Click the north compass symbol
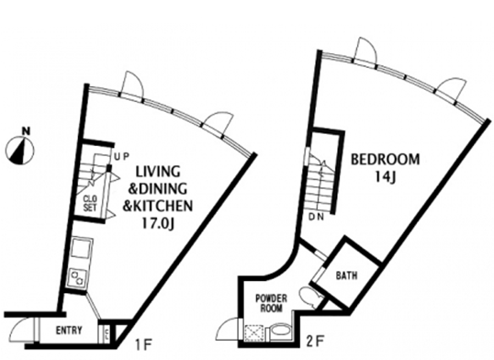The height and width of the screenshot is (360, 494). click(x=20, y=148)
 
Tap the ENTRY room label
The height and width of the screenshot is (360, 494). click(x=69, y=331)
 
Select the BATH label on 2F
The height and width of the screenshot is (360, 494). click(x=346, y=276)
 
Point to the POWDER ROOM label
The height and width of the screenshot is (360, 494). click(x=271, y=303)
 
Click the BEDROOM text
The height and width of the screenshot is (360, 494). click(x=386, y=160)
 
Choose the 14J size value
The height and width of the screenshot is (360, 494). click(x=386, y=177)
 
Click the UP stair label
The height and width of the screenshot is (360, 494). click(x=121, y=156)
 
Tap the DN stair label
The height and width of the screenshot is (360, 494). click(x=316, y=218)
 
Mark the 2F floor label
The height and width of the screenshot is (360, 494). click(x=315, y=341)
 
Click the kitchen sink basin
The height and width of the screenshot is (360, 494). click(x=82, y=249)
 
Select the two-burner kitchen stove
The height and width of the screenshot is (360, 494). click(x=78, y=276)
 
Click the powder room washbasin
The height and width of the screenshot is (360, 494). click(x=279, y=332)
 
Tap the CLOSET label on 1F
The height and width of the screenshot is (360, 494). click(x=90, y=203)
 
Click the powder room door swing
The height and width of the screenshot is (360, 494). click(x=228, y=329)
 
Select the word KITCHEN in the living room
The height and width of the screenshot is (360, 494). click(x=161, y=206)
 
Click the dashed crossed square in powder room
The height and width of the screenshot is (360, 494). click(x=255, y=332)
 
